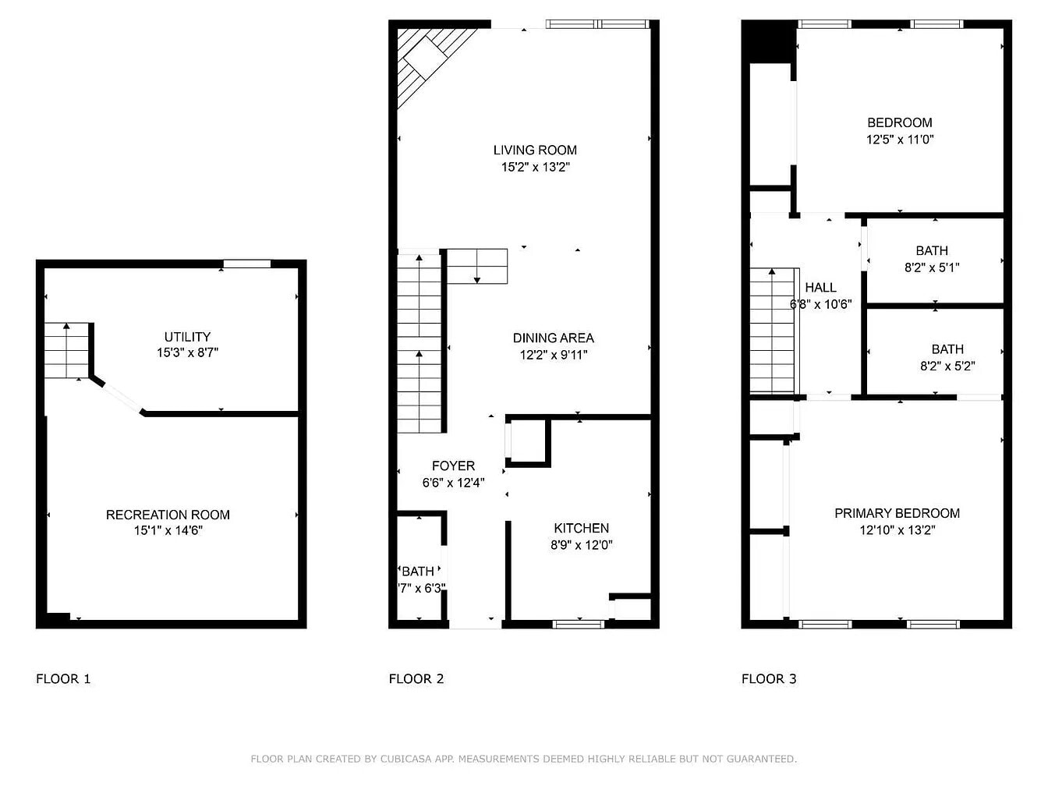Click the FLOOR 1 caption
(63, 678)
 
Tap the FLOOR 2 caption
(416, 678)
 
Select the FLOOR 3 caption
(769, 678)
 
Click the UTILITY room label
(187, 337)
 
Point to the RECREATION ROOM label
(168, 515)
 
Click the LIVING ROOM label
(535, 150)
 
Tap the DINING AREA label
(553, 338)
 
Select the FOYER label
(453, 466)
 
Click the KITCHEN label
(581, 528)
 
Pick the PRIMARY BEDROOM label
(897, 513)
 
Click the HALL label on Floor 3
(820, 288)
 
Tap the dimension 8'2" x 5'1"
(932, 267)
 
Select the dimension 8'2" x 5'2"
(947, 366)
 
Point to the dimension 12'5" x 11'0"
(900, 140)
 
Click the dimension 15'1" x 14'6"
(168, 531)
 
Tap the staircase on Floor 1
(66, 351)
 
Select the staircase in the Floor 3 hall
(772, 331)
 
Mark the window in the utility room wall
(247, 264)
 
